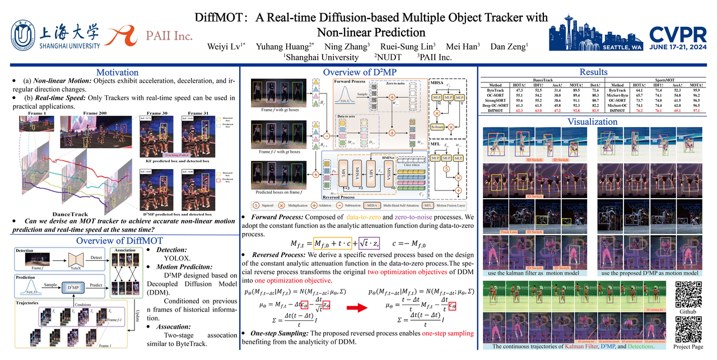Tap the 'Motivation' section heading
[117, 72]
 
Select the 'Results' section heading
[593, 72]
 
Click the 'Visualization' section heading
[593, 121]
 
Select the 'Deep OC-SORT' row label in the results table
[495, 105]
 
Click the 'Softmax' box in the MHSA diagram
[436, 126]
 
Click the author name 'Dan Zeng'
[509, 46]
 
